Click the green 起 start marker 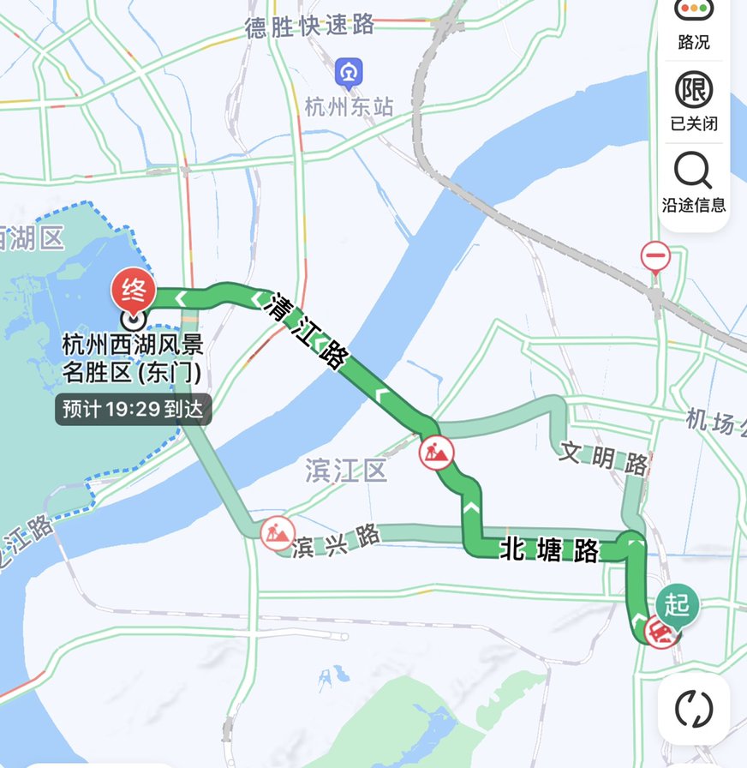[678, 604]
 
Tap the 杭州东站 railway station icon [348, 72]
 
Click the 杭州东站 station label [350, 106]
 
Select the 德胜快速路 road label [310, 27]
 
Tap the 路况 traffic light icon [693, 9]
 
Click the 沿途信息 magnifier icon [693, 170]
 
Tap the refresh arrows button [694, 708]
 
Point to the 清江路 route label [305, 330]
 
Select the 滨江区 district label [346, 470]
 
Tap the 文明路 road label [603, 458]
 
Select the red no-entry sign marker [655, 255]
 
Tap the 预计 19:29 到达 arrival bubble [133, 409]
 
